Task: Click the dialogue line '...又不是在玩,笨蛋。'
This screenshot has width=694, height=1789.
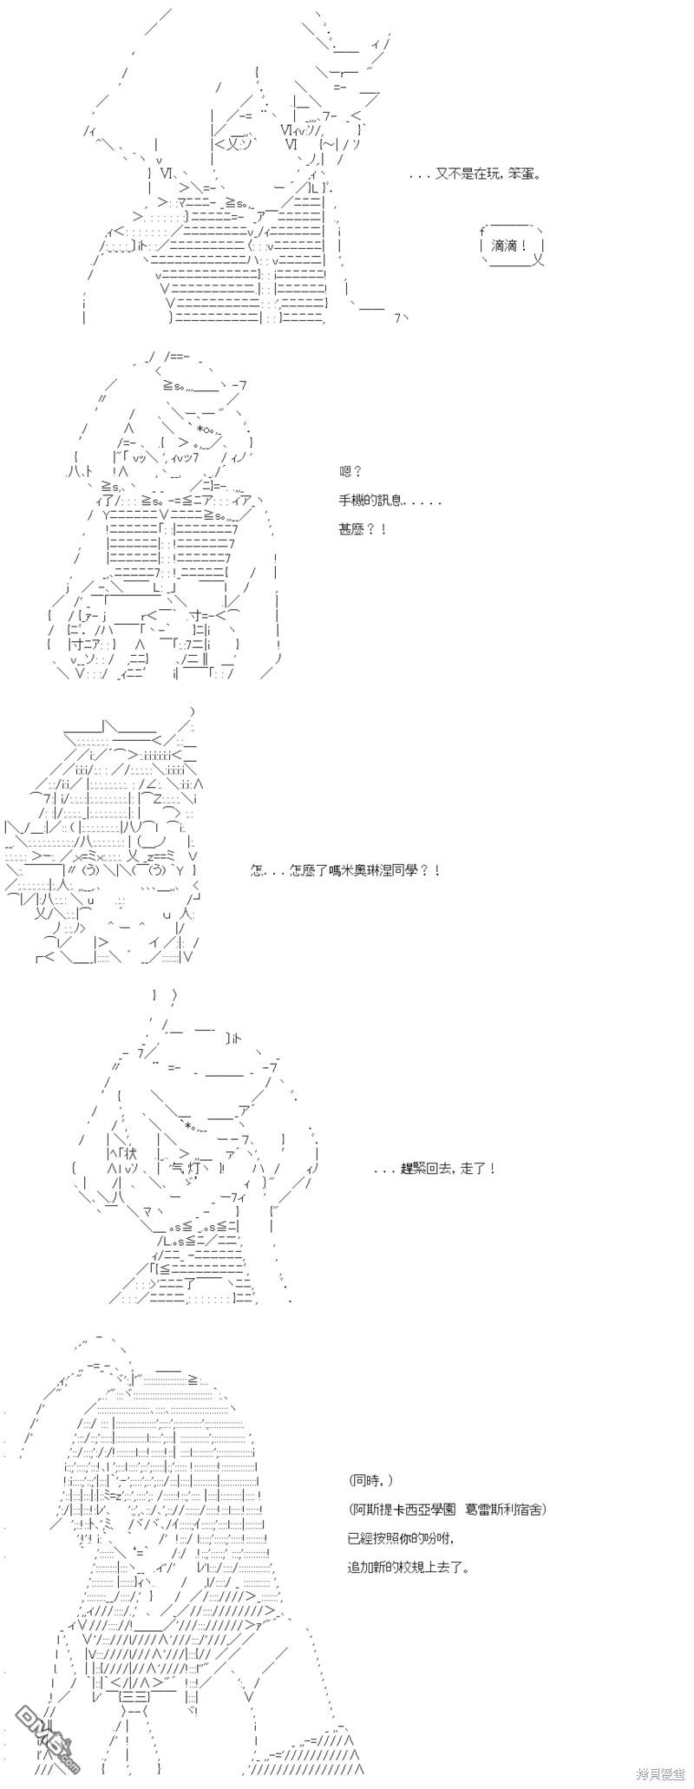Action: click(475, 174)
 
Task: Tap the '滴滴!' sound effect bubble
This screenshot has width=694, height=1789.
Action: click(513, 246)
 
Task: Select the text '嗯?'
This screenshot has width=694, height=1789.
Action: click(350, 472)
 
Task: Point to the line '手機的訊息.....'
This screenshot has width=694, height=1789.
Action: click(390, 501)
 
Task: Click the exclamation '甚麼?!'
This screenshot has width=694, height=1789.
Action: click(363, 528)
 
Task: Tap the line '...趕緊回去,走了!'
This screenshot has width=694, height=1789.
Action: click(435, 1169)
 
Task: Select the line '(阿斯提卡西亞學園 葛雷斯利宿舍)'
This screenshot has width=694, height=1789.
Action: click(448, 1509)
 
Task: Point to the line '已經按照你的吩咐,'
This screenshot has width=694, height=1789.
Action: click(400, 1537)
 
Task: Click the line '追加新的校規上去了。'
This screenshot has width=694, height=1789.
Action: click(409, 1567)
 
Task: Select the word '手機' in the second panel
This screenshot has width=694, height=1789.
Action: click(352, 501)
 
